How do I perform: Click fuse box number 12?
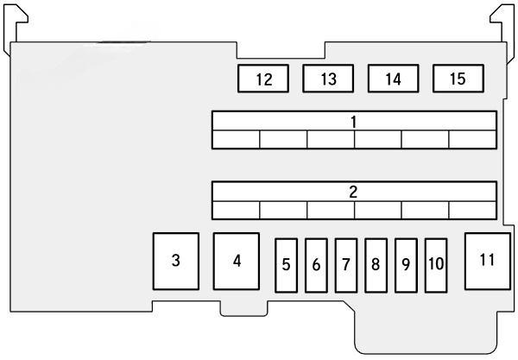(x=263, y=79)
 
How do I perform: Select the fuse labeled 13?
(x=328, y=79)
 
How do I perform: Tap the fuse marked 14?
(x=393, y=79)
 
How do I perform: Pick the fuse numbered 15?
(x=458, y=79)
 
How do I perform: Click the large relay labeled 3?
(x=176, y=261)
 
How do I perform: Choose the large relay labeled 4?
(x=237, y=261)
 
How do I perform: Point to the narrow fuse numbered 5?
(x=286, y=264)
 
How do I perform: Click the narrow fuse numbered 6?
(x=316, y=264)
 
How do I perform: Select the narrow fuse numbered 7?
(x=345, y=264)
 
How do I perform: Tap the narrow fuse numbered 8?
(x=376, y=264)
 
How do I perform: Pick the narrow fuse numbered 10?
(x=436, y=264)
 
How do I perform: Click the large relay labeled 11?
(x=489, y=260)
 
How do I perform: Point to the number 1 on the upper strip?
(x=354, y=121)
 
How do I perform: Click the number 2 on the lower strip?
(x=354, y=192)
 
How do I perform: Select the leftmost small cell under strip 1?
(x=237, y=139)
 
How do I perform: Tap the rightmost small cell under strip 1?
(x=472, y=139)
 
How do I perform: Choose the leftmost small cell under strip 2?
(x=237, y=210)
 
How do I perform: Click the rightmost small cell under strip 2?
(x=472, y=210)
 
